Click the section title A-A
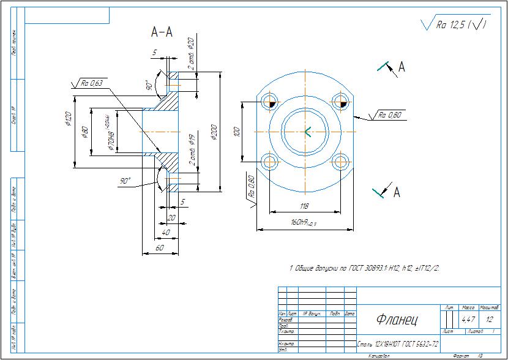pos(162,33)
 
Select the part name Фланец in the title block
pos(396,319)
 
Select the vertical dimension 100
pos(237,131)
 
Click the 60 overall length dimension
pos(160,247)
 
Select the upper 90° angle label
pos(149,85)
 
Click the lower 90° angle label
pos(126,181)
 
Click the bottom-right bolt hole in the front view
pos(341,161)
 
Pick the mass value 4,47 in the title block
pos(468,319)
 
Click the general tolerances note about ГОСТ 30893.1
pos(365,268)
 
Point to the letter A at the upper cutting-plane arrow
pos(402,67)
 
